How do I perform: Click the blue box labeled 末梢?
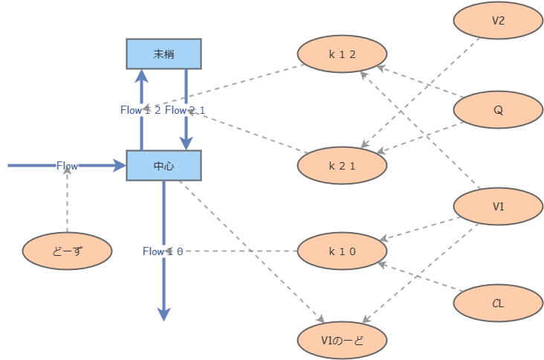coord(163,54)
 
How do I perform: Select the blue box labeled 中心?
coord(163,165)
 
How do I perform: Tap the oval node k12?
coord(342,54)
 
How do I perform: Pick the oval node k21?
coord(342,165)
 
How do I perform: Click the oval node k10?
coord(342,251)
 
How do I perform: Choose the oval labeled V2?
coord(498,21)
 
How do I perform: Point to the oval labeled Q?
coord(498,110)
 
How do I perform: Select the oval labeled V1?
coord(498,206)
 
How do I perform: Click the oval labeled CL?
coord(498,303)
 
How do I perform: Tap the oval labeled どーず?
coord(67,251)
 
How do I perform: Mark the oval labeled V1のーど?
coord(342,340)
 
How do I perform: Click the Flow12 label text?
coord(140,110)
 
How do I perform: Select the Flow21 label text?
coord(185,110)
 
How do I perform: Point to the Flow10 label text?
coord(163,251)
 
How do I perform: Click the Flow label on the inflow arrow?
coord(67,165)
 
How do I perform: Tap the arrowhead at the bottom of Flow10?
coord(164,314)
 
